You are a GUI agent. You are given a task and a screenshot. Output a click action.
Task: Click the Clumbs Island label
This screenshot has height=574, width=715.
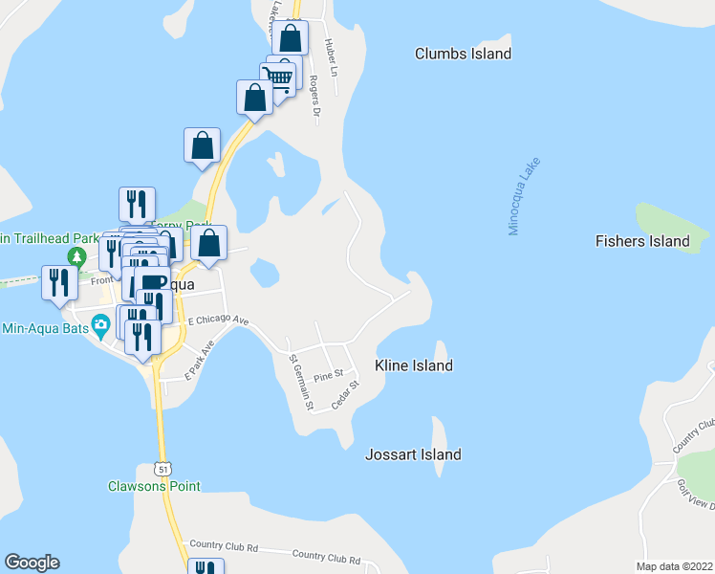tap(463, 54)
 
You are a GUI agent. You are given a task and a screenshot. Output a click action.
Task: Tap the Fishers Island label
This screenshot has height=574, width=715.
tap(641, 241)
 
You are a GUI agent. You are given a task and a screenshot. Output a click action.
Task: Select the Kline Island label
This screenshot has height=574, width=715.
tap(414, 365)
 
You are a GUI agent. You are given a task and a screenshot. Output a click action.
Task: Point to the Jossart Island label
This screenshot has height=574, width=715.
tap(413, 454)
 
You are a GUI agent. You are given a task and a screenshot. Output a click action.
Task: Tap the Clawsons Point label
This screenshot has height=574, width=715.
tap(154, 486)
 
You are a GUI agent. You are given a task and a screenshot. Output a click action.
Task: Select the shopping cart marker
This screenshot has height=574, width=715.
tap(277, 76)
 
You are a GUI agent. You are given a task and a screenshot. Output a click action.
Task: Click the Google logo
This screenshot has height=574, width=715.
tap(32, 563)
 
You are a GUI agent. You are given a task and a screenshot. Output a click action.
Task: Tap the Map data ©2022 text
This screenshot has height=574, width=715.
tap(673, 566)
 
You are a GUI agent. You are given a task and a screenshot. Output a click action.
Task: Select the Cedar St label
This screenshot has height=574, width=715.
tap(344, 396)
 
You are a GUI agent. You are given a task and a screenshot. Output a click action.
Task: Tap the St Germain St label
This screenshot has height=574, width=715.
tap(302, 383)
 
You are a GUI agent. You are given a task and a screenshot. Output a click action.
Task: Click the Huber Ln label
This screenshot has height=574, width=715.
tap(330, 54)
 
